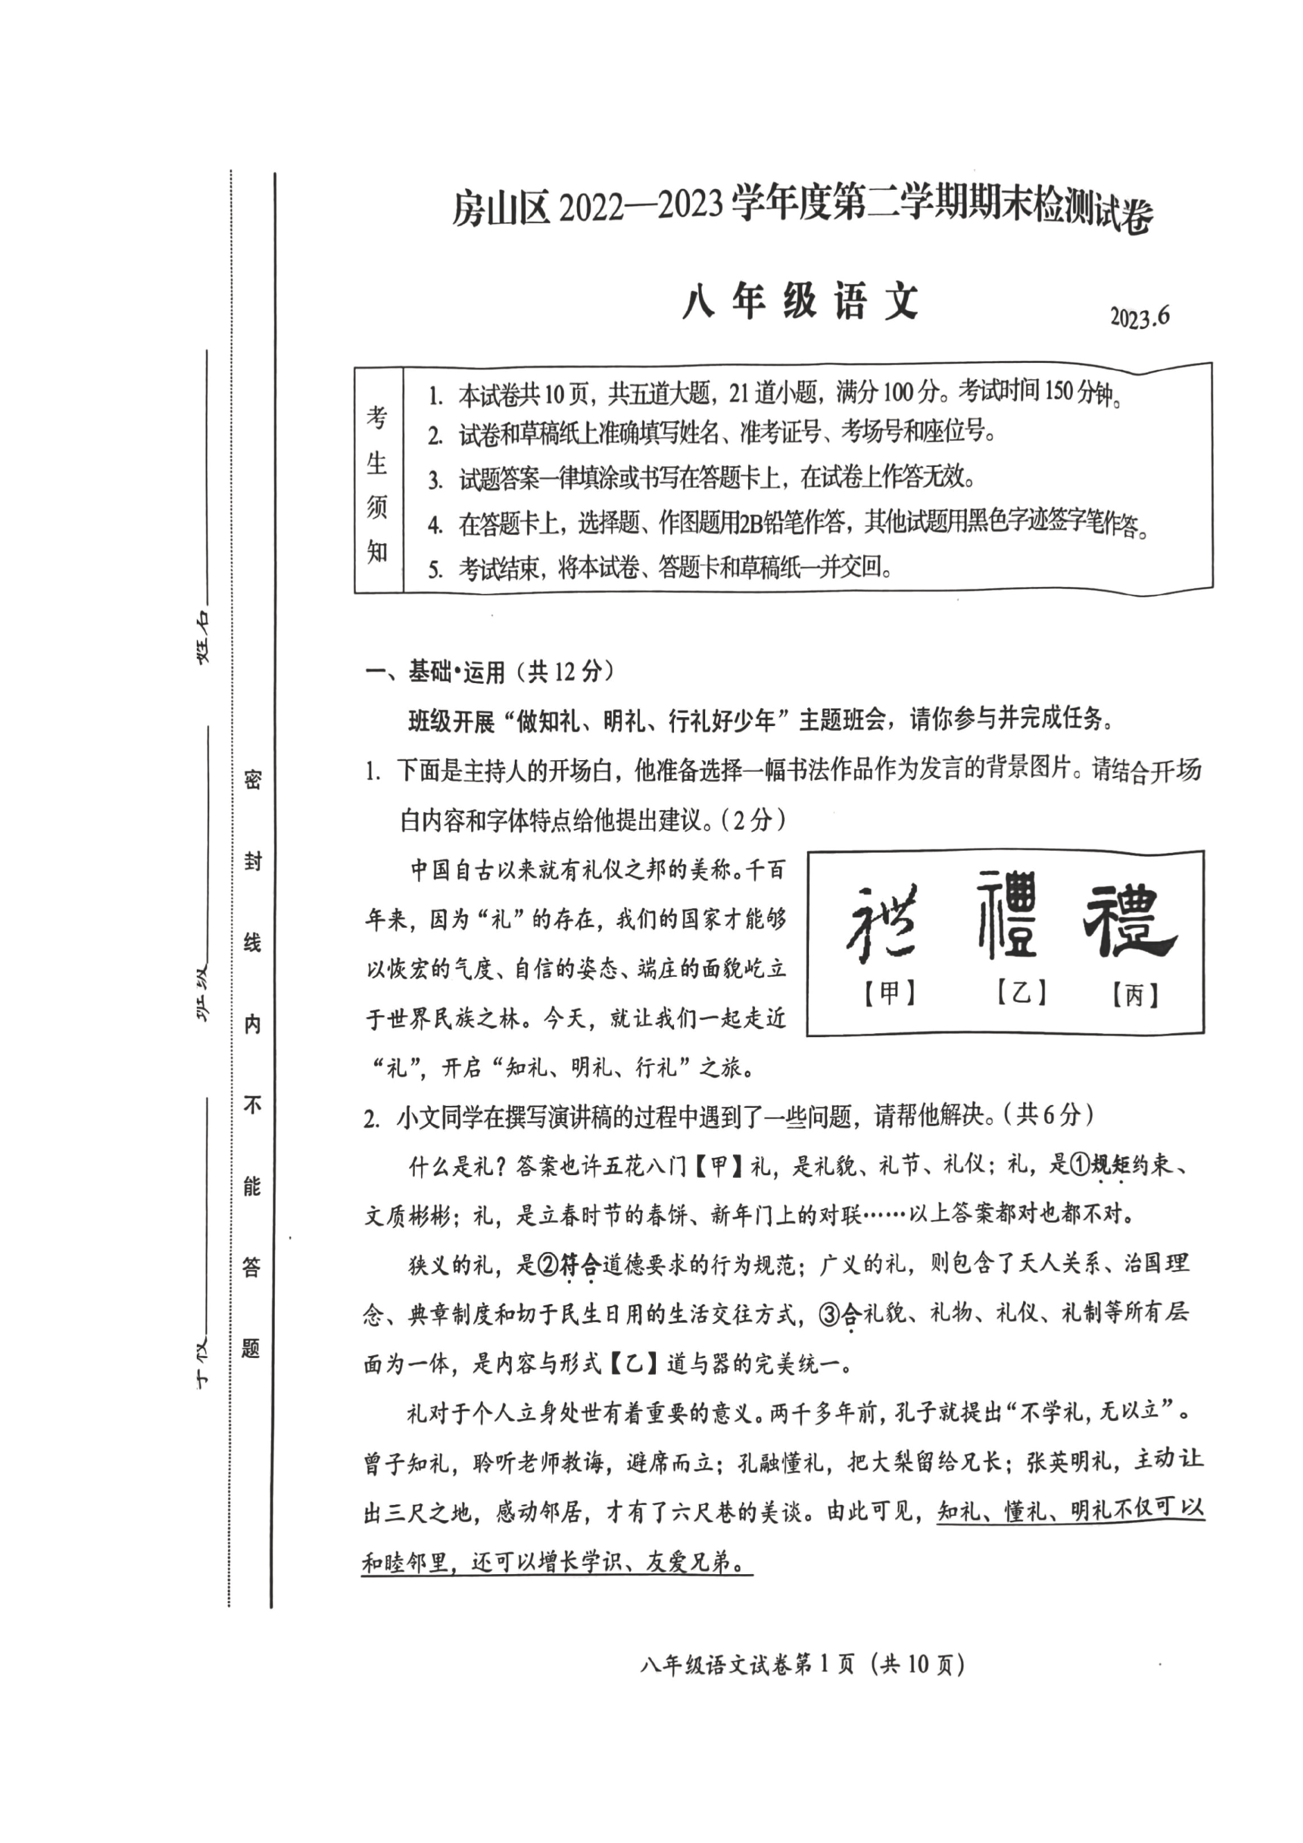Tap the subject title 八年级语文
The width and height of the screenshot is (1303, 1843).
(x=800, y=303)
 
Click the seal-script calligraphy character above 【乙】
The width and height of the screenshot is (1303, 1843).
(x=1008, y=916)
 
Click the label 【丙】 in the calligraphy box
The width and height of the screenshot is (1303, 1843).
(x=1135, y=996)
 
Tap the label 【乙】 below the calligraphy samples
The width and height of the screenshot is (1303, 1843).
(x=1020, y=993)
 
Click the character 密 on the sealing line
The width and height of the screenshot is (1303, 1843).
(x=252, y=779)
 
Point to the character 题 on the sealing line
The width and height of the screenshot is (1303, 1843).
(x=251, y=1348)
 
